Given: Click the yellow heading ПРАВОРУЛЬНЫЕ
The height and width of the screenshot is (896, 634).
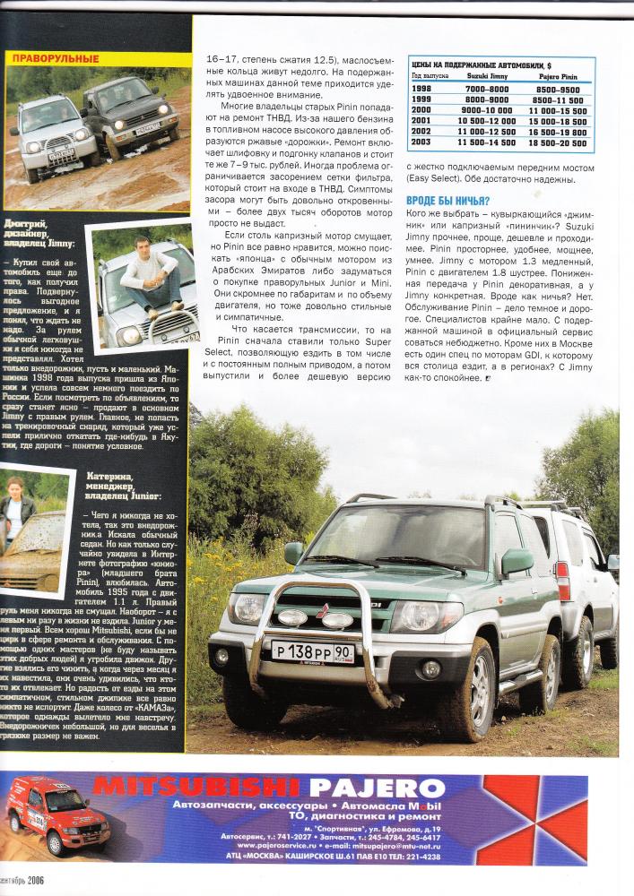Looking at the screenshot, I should pos(55,58).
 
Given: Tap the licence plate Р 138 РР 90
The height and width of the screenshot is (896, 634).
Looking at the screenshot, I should pos(312,651).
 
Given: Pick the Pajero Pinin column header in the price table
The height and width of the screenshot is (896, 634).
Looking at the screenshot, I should pos(556,77).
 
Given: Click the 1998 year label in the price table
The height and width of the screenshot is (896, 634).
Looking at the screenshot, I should pos(421,89).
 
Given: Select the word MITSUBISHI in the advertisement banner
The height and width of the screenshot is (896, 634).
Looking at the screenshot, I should pos(197,788).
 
